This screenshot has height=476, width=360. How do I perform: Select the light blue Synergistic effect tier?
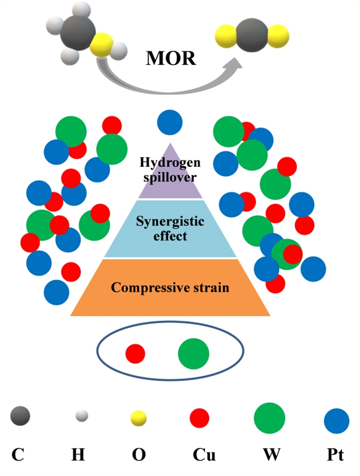pyautogui.click(x=170, y=228)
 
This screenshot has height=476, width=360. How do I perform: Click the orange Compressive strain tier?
pyautogui.click(x=170, y=287)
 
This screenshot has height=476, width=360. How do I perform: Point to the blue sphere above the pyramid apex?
pyautogui.click(x=170, y=122)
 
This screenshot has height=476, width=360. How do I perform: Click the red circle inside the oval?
pyautogui.click(x=135, y=354)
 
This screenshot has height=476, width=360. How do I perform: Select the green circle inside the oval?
pyautogui.click(x=193, y=354)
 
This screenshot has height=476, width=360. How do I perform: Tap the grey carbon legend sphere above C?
pyautogui.click(x=20, y=416)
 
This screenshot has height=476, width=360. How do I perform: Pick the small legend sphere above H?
pyautogui.click(x=82, y=416)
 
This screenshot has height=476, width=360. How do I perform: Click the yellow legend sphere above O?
pyautogui.click(x=138, y=418)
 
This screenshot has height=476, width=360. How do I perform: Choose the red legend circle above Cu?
pyautogui.click(x=199, y=418)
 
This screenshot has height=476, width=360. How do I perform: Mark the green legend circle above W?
pyautogui.click(x=269, y=418)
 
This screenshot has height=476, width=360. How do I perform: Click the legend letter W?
pyautogui.click(x=269, y=454)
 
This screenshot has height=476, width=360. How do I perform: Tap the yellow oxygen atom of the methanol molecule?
pyautogui.click(x=102, y=44)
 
